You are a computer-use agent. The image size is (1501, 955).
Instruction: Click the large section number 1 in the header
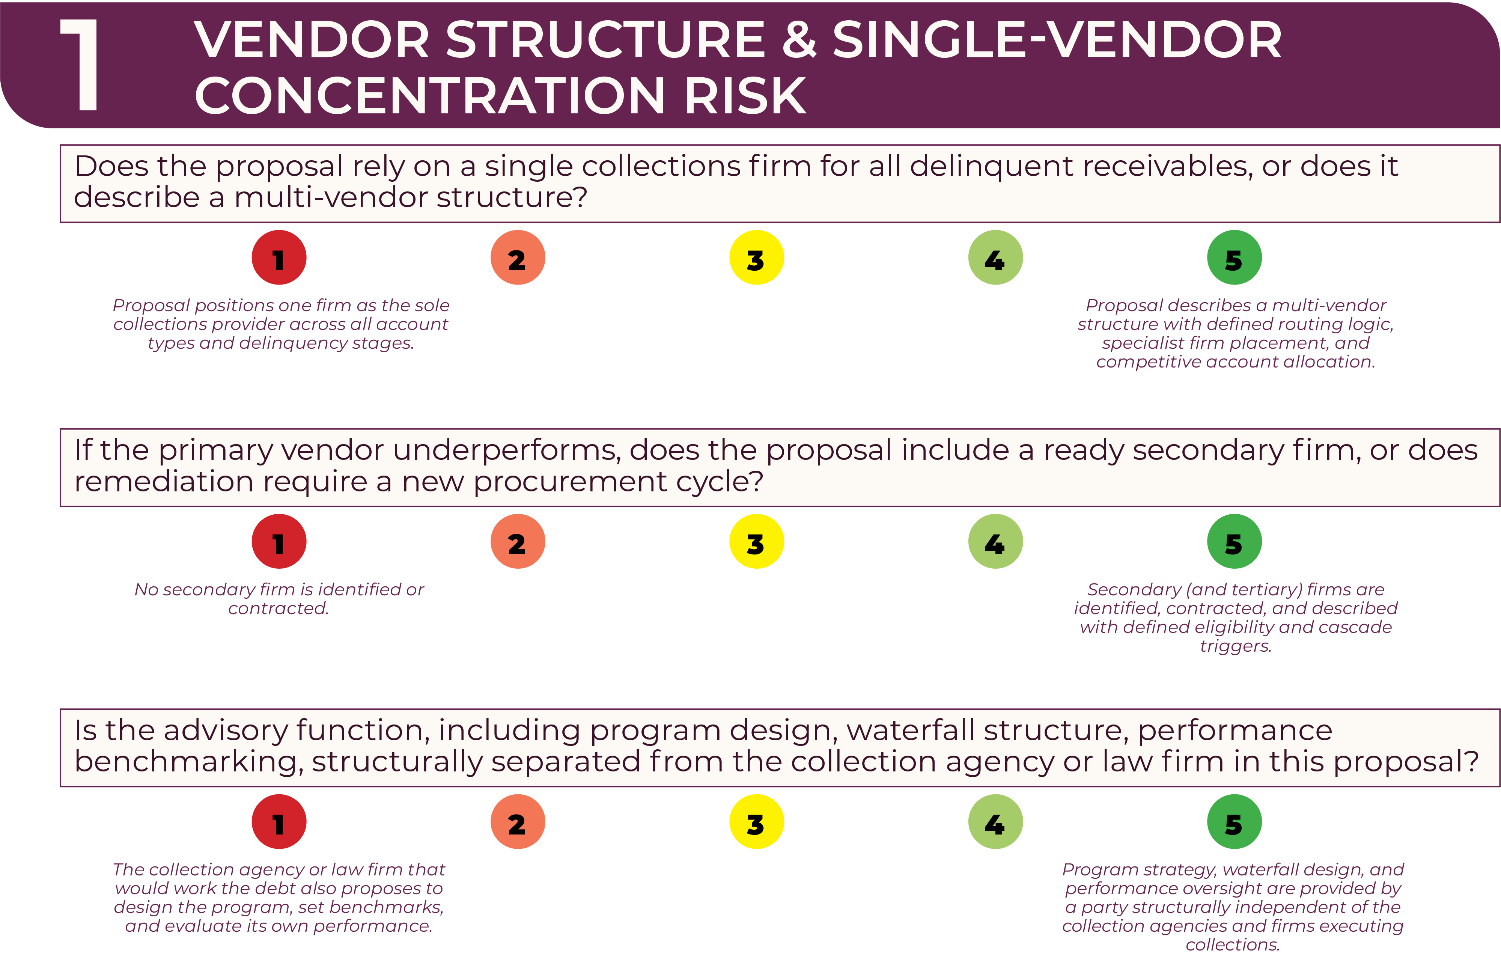tap(80, 65)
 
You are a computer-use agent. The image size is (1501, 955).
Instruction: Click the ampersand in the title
tap(798, 40)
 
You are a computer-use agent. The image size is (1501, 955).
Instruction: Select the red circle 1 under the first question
tap(279, 258)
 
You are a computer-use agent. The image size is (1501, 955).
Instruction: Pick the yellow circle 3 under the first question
tap(756, 258)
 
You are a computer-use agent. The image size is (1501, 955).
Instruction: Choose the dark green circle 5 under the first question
tap(1234, 258)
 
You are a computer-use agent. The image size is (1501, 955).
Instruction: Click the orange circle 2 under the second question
tap(517, 541)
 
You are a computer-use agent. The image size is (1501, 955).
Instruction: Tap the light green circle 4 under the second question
tap(995, 541)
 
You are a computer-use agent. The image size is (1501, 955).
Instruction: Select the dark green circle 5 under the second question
tap(1234, 541)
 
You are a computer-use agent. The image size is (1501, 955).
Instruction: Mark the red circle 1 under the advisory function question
tap(279, 822)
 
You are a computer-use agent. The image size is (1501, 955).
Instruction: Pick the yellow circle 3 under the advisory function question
tap(756, 822)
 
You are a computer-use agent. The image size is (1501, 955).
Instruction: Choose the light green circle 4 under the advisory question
tap(995, 822)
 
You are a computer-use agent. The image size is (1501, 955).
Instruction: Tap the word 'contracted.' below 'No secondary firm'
tap(278, 609)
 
